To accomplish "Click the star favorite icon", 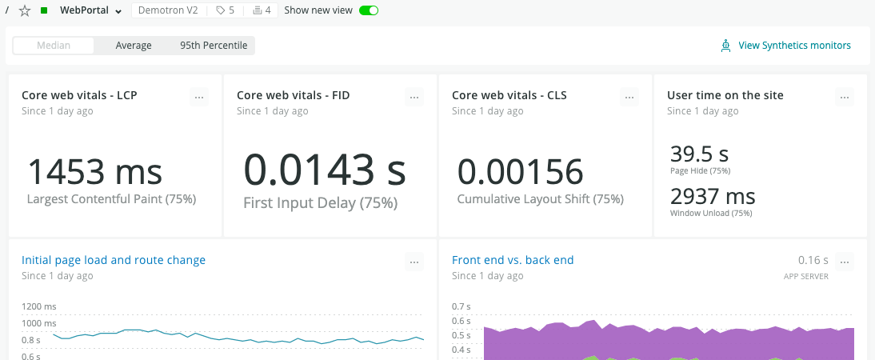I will [24, 10].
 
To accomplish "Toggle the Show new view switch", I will [369, 10].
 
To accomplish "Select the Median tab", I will [54, 46].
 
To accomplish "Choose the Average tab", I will [134, 46].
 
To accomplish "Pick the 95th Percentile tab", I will [214, 46].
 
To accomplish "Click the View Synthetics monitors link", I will [794, 46].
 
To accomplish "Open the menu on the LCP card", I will [200, 97].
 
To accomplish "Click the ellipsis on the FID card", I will [414, 97].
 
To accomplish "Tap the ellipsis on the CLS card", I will [629, 97].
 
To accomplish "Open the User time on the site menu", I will [845, 97].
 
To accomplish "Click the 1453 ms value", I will [95, 172].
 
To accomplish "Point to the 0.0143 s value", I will [325, 170].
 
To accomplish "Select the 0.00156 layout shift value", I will [520, 172].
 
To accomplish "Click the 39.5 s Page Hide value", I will [699, 154].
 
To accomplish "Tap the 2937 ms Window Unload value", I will [713, 196].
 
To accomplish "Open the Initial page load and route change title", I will [114, 260].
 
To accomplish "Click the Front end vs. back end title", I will [513, 260].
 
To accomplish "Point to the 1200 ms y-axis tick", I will [39, 306].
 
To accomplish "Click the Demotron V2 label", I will [167, 10].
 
